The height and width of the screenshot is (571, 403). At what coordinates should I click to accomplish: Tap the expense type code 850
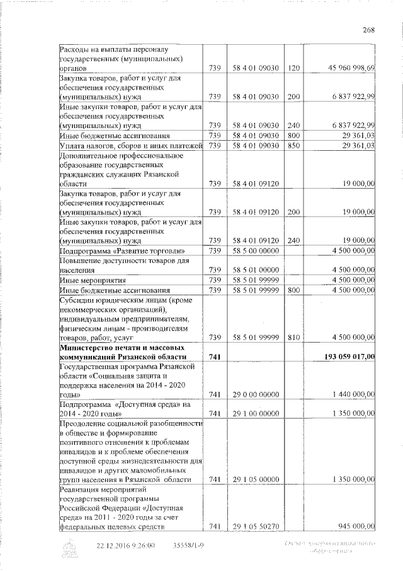293,146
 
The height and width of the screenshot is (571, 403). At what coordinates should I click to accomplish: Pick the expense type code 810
293,338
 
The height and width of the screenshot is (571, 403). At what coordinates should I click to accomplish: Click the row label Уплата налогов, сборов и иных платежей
130,146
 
